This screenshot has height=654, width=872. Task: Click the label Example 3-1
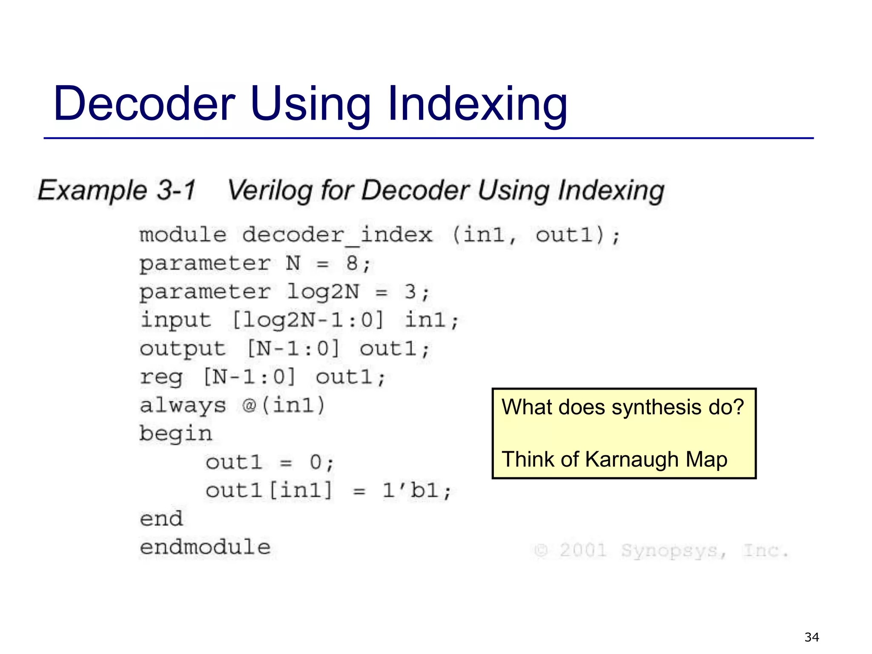coord(116,190)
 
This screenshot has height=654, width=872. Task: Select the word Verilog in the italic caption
coord(270,190)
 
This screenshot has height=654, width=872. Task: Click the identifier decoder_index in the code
coord(337,235)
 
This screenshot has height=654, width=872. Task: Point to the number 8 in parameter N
coord(352,263)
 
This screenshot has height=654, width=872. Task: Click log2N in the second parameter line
coord(323,292)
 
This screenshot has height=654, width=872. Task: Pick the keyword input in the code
coord(175,320)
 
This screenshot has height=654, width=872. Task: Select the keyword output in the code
coord(182,349)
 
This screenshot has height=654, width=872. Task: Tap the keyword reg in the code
coord(161,377)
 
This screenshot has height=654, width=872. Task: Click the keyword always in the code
coord(183,405)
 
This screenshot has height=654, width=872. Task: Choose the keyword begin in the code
coord(175,434)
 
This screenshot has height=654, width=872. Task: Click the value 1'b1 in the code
coord(410,490)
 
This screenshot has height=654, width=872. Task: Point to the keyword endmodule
coord(205,547)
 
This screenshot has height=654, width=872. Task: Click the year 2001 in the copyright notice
coord(583,550)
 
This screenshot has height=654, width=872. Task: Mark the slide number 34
coord(812,637)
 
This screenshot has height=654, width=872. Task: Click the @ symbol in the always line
coord(249,405)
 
